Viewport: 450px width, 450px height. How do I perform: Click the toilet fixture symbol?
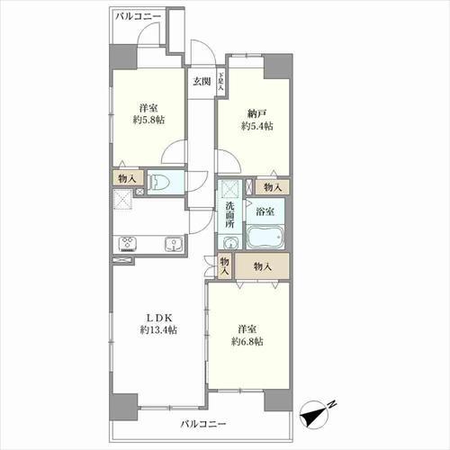(x=158, y=182)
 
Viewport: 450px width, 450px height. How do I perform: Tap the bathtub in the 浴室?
(x=265, y=237)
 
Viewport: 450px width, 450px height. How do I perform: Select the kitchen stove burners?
(x=128, y=244)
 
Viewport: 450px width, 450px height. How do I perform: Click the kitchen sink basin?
(x=174, y=244)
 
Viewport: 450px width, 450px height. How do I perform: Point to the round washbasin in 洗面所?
(x=230, y=243)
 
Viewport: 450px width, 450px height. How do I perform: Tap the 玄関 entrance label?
(x=202, y=81)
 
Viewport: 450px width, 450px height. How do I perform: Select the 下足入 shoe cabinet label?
(x=220, y=81)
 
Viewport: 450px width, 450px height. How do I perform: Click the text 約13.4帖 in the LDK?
(x=158, y=330)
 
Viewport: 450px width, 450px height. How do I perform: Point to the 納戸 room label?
(x=257, y=113)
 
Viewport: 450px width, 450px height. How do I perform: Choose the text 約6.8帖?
(x=247, y=342)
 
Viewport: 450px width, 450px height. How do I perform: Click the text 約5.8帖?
(x=148, y=120)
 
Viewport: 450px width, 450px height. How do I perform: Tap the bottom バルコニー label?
(x=203, y=424)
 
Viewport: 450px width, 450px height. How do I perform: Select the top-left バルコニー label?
(x=139, y=16)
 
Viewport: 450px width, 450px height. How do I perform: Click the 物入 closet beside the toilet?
(x=127, y=179)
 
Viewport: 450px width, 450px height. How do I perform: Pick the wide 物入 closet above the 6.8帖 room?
(x=262, y=266)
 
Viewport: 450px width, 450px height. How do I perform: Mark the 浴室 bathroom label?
(x=265, y=211)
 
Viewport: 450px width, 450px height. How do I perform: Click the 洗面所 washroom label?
(x=229, y=215)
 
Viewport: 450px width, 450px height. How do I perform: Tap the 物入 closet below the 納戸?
(x=273, y=187)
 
